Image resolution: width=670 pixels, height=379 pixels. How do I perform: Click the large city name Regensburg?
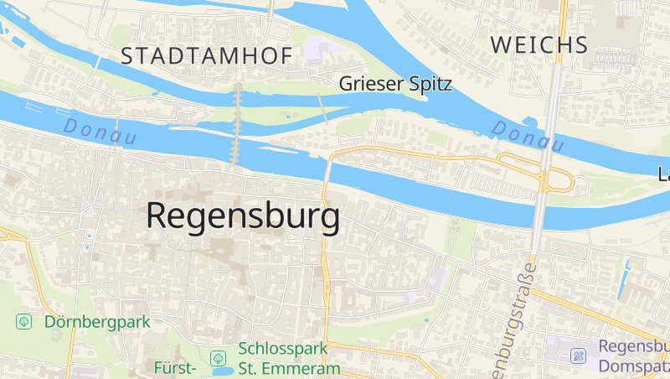(x=243, y=216)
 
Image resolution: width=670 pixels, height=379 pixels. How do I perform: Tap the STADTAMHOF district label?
(x=206, y=56)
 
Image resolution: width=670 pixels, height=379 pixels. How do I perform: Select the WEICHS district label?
(x=539, y=44)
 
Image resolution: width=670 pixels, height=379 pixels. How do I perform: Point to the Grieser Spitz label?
(x=395, y=84)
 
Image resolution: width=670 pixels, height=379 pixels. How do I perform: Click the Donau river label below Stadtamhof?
(x=100, y=132)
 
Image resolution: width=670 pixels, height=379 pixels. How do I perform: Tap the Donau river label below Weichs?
(x=528, y=137)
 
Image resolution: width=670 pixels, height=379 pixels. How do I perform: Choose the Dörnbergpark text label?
(x=96, y=321)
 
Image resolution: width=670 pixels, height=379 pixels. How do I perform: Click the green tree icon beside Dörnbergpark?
(x=24, y=321)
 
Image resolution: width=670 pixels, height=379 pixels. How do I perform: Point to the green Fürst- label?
(x=176, y=367)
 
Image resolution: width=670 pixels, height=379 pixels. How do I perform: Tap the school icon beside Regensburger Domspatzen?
(x=578, y=356)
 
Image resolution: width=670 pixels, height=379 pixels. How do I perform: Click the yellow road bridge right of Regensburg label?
(x=327, y=173)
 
